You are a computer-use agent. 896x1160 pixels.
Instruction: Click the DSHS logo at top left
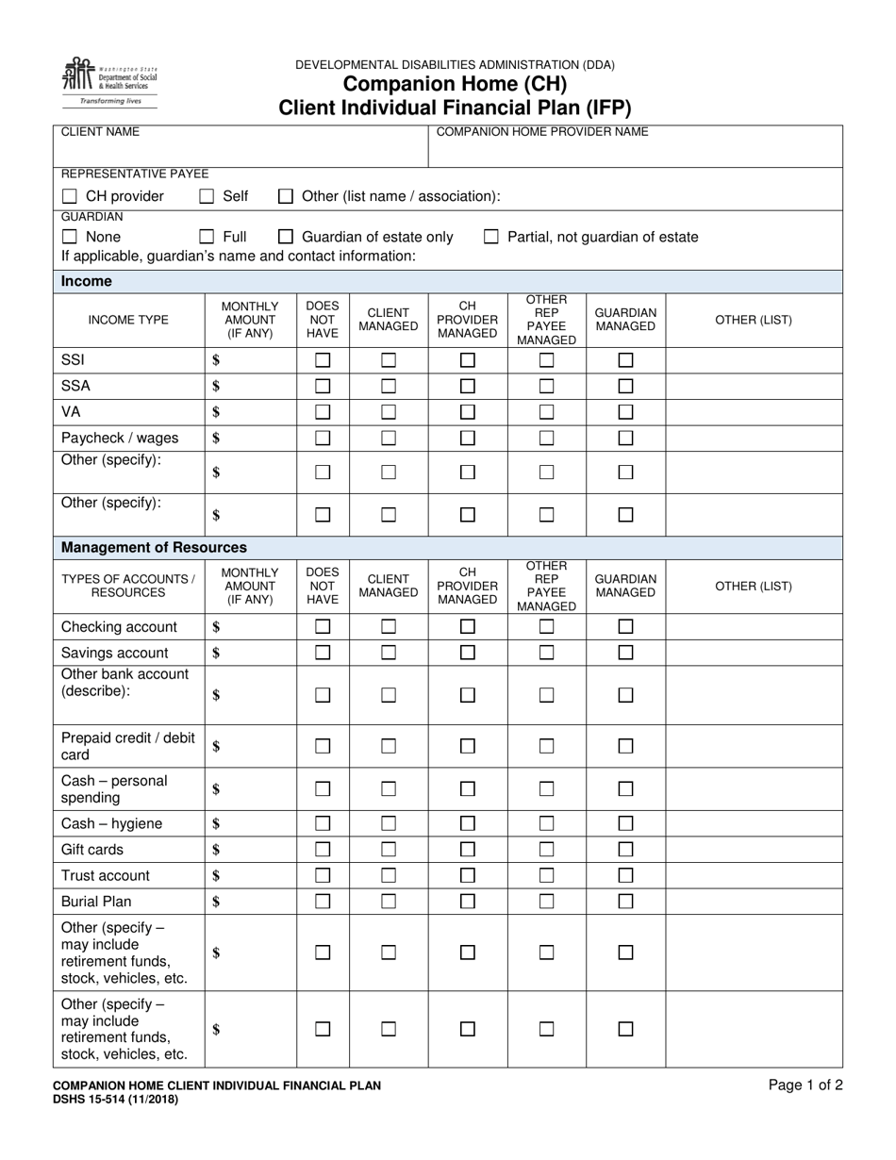coord(109,81)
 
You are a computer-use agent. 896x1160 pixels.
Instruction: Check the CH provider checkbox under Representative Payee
coord(70,196)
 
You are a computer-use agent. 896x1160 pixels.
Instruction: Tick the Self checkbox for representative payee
coord(207,196)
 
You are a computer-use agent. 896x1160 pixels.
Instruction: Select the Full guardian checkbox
coord(207,237)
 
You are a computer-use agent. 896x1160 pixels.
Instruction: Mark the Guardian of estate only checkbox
coord(286,237)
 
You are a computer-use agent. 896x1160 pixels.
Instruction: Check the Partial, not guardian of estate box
coord(491,237)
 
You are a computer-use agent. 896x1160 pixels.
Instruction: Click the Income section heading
coord(87,281)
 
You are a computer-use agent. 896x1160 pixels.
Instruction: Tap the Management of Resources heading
coord(154,547)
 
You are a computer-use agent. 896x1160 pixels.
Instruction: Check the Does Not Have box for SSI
coord(323,360)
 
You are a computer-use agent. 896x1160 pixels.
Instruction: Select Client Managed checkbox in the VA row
coord(389,412)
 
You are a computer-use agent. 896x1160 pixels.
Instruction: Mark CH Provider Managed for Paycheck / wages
coord(468,438)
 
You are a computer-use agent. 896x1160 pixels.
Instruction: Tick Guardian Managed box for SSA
coord(625,386)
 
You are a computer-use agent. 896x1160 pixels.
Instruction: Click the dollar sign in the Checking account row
coord(216,627)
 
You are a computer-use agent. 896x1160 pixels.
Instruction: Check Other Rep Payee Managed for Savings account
coord(546,653)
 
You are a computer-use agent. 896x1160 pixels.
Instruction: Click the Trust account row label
coord(106,875)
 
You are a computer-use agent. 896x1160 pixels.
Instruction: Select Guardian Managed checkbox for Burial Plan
coord(625,901)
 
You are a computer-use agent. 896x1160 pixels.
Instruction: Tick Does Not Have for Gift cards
coord(323,850)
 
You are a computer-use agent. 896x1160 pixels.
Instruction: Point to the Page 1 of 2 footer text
coord(805,1085)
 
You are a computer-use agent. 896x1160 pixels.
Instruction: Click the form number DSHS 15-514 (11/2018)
coord(115,1099)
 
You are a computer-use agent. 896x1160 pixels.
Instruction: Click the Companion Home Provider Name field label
coord(542,132)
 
